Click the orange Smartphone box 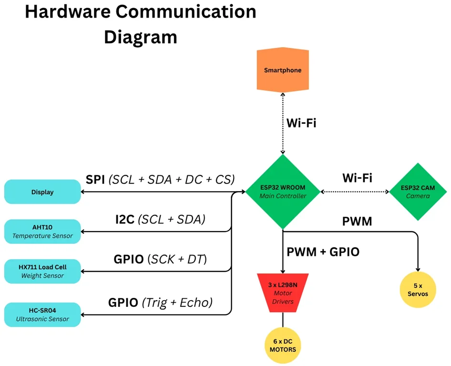[283, 70]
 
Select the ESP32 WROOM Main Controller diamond [283, 192]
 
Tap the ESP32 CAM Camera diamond [418, 192]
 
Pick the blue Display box [42, 192]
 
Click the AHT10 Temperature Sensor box [42, 232]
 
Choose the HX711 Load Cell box [42, 271]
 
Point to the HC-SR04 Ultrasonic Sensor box [42, 315]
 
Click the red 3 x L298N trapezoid [283, 291]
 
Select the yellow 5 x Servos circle [418, 290]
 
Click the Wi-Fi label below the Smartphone [301, 123]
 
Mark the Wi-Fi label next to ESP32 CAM [357, 178]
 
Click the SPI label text [95, 179]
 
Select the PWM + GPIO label [323, 251]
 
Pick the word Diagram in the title [141, 37]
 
